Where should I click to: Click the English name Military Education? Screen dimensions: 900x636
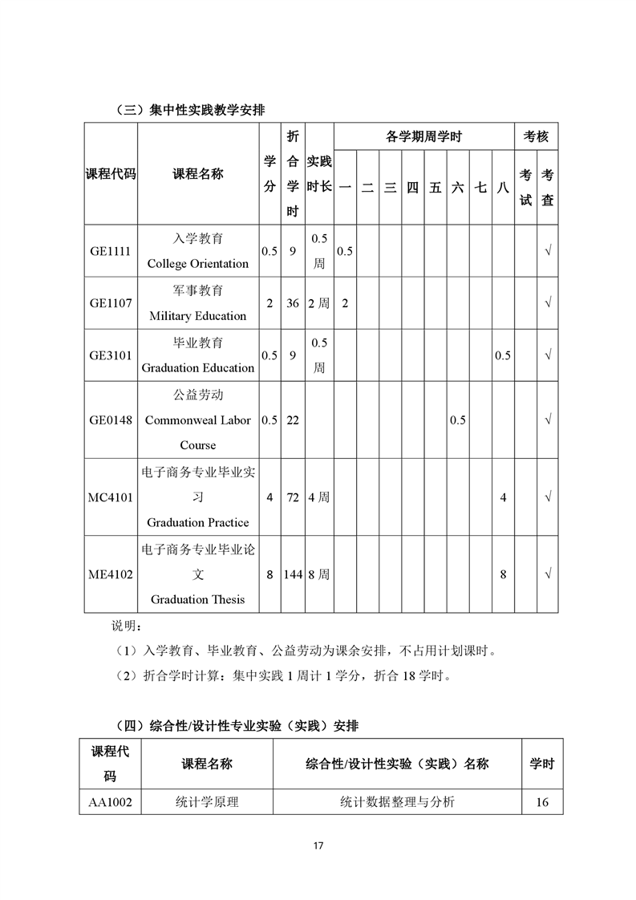point(198,316)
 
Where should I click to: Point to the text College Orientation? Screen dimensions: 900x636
point(198,264)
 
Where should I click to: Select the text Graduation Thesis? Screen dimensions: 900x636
point(198,599)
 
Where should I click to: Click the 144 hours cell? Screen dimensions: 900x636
point(293,574)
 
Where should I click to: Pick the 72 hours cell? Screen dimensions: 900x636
point(293,497)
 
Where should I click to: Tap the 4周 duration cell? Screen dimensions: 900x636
point(319,497)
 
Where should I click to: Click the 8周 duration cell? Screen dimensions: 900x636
point(319,574)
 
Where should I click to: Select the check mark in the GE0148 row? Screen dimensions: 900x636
point(548,420)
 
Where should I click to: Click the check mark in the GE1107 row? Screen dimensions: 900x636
point(548,303)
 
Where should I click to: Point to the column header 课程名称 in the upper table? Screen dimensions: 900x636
point(198,174)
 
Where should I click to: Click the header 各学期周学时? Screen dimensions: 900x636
point(423,137)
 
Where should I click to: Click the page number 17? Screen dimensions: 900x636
point(318,846)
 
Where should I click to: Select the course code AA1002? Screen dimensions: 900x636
point(111,802)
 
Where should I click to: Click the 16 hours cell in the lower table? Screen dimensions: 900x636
point(542,802)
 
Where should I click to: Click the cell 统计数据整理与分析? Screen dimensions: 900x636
point(397,802)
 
